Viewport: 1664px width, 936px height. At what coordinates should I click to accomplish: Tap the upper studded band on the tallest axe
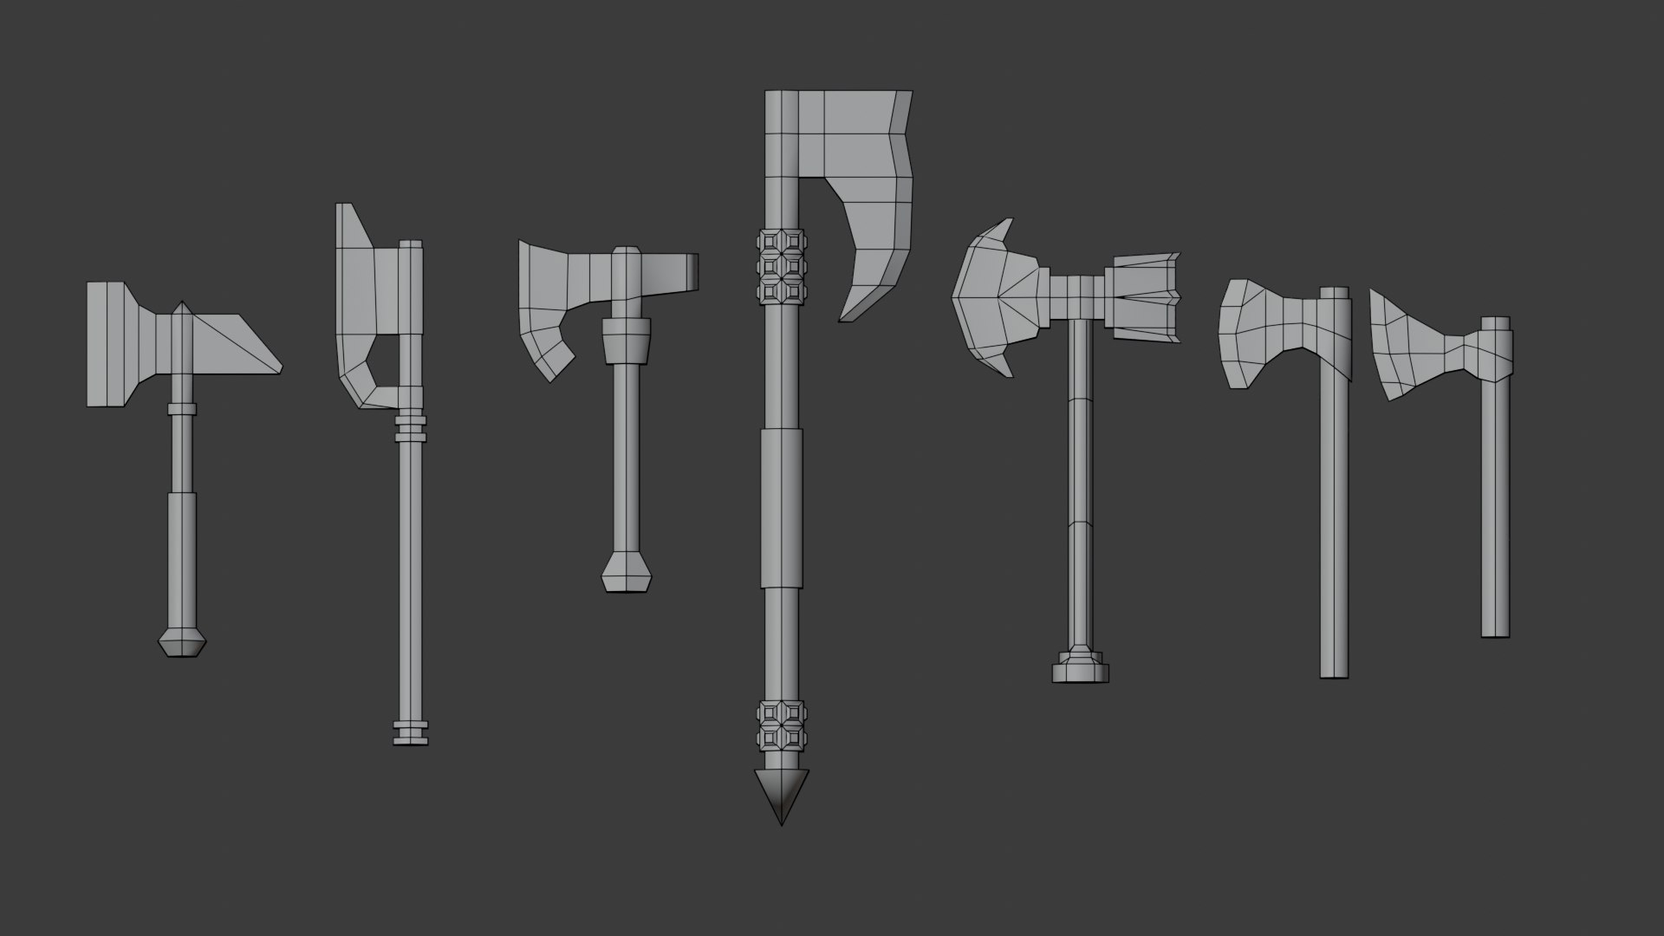point(781,267)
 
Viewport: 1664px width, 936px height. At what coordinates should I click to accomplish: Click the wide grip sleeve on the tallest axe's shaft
point(782,508)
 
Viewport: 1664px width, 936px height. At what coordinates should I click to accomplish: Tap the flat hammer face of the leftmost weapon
point(108,344)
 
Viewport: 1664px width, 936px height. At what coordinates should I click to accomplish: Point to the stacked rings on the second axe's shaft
point(412,426)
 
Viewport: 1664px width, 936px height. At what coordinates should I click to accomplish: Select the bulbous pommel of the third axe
point(626,574)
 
